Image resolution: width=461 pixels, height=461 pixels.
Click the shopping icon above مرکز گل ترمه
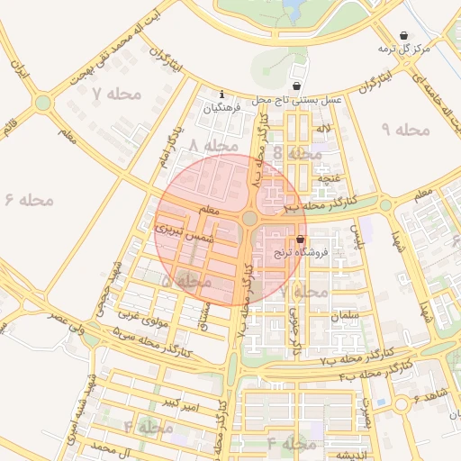point(403,35)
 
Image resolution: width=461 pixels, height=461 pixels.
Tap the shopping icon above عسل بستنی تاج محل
point(296,86)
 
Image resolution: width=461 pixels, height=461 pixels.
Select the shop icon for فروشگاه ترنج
point(300,240)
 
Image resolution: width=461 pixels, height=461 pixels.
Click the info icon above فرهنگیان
point(222,94)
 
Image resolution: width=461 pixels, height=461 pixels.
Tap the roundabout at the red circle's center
point(249,219)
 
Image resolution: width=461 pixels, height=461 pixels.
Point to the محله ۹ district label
point(407,131)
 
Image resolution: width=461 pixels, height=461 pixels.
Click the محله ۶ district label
point(30,199)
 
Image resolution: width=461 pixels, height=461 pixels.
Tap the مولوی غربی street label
point(139,314)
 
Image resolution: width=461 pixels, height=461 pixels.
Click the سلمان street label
point(346,316)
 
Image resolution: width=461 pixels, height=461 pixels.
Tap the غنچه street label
point(327,178)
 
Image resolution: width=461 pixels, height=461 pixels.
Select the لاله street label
point(322,130)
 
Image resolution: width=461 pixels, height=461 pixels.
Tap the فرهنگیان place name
point(222,108)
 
